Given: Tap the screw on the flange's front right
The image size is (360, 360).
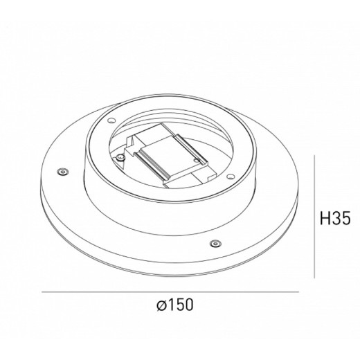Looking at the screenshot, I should point(214,242).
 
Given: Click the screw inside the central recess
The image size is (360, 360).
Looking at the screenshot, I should point(122,157).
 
